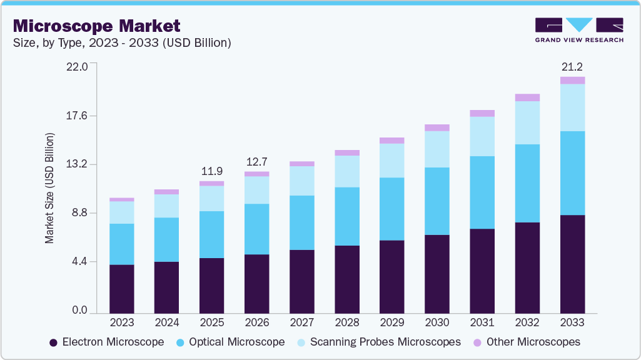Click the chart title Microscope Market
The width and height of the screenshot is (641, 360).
(96, 26)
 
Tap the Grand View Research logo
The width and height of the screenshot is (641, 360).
(578, 30)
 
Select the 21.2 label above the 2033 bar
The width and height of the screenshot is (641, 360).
(572, 67)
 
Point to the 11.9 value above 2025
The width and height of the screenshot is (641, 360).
(211, 171)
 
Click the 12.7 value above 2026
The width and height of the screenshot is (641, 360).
(256, 162)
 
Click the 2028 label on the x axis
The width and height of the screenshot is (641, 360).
(347, 322)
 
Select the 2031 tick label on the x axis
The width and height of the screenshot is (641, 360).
(482, 322)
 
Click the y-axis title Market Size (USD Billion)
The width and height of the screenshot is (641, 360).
(49, 187)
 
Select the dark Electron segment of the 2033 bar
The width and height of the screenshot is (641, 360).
(572, 264)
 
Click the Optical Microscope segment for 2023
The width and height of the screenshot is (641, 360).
(121, 244)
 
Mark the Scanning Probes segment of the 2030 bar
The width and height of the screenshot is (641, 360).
(437, 149)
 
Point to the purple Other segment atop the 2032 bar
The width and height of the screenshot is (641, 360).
(527, 97)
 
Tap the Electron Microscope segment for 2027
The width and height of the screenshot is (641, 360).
(301, 281)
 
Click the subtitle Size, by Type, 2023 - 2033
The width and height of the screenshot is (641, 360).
(123, 43)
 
